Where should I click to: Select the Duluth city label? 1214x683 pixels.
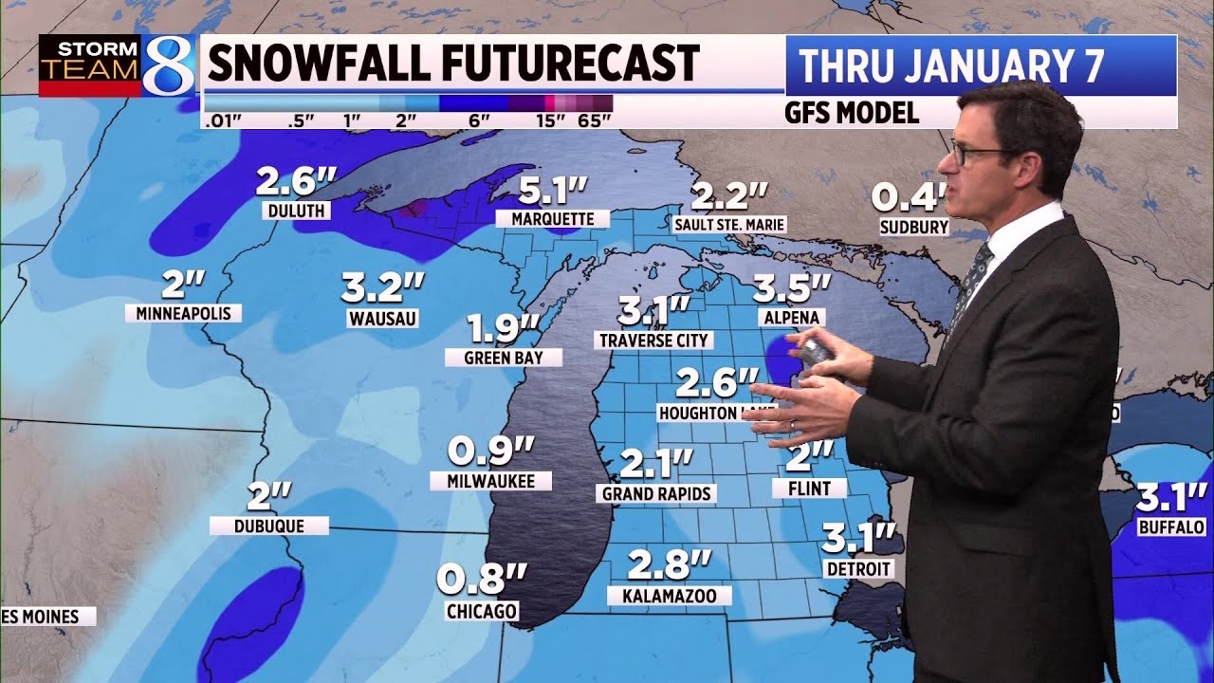coord(297,211)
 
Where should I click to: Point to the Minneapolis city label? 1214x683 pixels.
coord(183,313)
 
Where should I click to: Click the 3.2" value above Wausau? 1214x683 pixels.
coord(383,286)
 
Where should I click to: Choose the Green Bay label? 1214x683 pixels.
coord(503,358)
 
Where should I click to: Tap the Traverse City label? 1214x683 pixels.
coord(654,340)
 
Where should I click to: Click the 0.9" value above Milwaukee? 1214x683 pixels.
coord(491,450)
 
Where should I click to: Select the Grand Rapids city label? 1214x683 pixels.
coord(656,493)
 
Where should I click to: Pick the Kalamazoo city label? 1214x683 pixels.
coord(670,596)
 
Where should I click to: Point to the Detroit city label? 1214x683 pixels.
coord(858,569)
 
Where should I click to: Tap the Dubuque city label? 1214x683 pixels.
coord(269,526)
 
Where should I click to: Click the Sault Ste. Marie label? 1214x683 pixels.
coord(729,225)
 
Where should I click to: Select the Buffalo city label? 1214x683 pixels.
coord(1171,526)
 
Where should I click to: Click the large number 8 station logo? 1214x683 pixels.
coord(168,65)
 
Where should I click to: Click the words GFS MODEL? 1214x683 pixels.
coord(851,113)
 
